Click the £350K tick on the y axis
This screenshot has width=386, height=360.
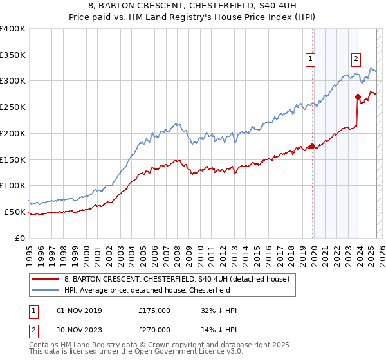coord(13,55)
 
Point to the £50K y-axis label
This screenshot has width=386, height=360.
coord(15,212)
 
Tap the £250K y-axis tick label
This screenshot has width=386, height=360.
coord(13,107)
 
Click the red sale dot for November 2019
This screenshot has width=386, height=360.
coord(313,146)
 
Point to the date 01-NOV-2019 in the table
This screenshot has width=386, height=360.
coord(79,310)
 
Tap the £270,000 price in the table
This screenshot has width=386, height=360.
coord(154,329)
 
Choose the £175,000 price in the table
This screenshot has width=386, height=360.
coord(154,310)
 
